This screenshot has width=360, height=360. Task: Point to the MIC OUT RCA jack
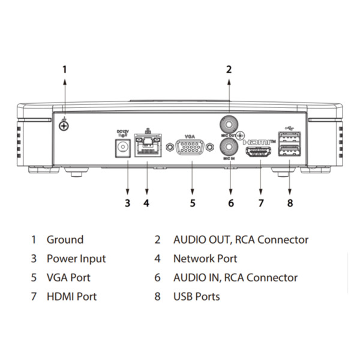tap(229, 125)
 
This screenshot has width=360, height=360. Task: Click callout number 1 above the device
tap(65, 69)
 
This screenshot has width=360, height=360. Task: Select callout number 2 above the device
tap(229, 69)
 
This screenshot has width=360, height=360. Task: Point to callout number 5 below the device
tap(193, 203)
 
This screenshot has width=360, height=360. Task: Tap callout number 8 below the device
tap(290, 203)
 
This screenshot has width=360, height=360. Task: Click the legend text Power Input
tap(76, 259)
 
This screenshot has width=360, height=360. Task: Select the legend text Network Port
tap(205, 259)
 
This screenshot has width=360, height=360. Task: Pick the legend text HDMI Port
tap(71, 296)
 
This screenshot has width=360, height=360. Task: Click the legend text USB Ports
tap(196, 296)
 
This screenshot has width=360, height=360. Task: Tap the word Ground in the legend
tap(65, 239)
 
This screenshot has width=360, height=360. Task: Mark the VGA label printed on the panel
tap(191, 136)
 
